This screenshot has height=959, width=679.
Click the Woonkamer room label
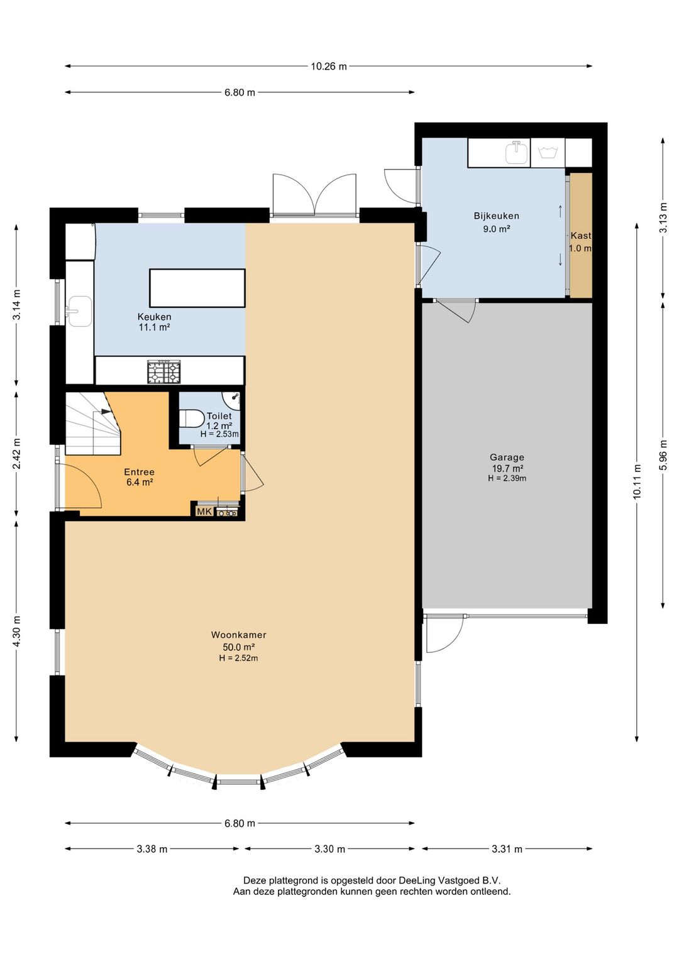238,635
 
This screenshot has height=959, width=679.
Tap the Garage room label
507,458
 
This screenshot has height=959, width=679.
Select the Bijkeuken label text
496,216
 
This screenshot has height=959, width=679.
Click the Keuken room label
154,317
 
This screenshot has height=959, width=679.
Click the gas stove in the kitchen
163,371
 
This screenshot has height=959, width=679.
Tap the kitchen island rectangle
197,288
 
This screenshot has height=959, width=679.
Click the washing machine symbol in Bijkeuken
548,153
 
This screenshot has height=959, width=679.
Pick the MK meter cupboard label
204,511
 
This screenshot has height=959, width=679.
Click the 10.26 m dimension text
329,67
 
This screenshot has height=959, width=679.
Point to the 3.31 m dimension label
507,849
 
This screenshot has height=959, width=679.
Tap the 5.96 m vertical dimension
663,454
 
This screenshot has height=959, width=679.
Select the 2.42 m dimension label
17,454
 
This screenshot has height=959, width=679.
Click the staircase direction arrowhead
106,412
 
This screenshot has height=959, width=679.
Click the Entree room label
139,472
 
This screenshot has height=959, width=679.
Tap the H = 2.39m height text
507,478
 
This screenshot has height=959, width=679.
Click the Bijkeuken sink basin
517,153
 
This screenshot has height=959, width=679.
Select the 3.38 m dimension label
152,849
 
